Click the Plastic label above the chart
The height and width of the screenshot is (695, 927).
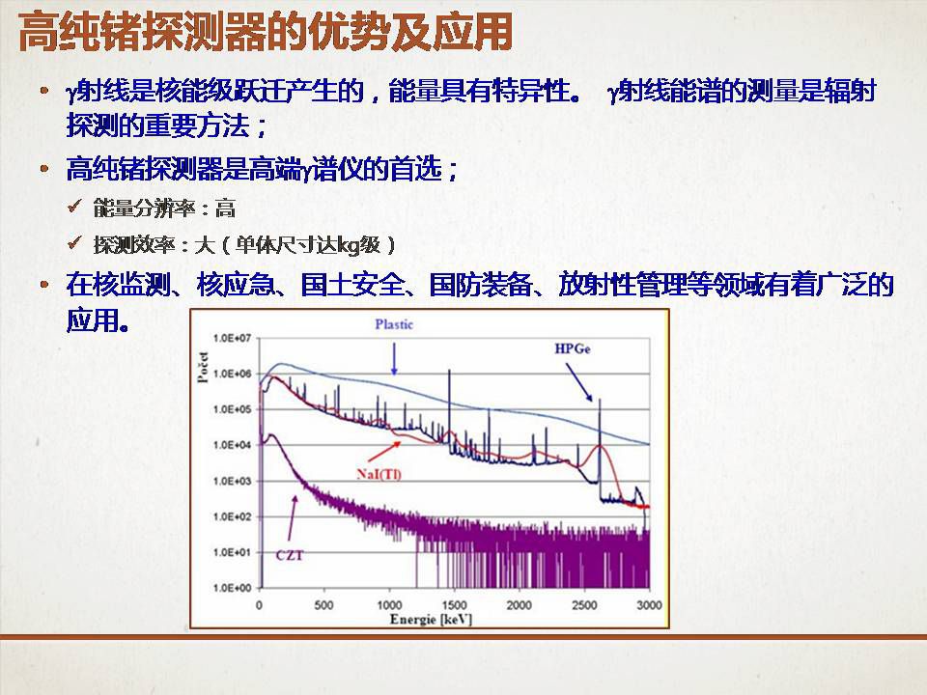(x=394, y=324)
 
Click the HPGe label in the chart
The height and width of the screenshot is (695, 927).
(x=573, y=348)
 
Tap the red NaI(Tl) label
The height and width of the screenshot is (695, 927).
(x=379, y=474)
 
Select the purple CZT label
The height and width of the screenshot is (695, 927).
(x=290, y=555)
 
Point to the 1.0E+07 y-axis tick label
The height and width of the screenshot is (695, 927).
(x=233, y=338)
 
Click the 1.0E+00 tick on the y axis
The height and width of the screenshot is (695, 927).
(x=233, y=588)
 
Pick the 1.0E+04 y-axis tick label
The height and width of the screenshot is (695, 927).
(x=233, y=445)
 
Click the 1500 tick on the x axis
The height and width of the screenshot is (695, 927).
(x=454, y=605)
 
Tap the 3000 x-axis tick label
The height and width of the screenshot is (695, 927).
(x=649, y=605)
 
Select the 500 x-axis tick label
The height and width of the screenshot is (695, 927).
(x=324, y=605)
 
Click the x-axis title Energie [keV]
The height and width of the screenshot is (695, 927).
(x=431, y=620)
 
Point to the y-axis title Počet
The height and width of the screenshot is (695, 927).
(x=203, y=368)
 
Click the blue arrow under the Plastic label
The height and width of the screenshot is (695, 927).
(x=394, y=359)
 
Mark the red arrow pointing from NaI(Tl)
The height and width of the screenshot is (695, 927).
(x=384, y=452)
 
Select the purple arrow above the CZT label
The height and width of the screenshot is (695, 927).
(x=293, y=517)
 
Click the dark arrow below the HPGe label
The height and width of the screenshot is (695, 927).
(x=578, y=382)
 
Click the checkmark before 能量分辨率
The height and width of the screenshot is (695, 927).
(x=74, y=207)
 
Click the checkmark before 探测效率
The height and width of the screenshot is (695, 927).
(x=74, y=242)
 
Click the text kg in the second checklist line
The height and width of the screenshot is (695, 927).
(x=350, y=245)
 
